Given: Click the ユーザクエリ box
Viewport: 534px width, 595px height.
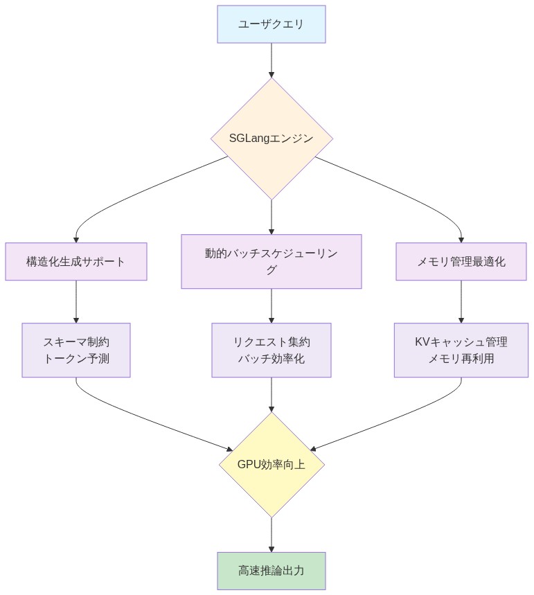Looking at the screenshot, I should (x=271, y=24).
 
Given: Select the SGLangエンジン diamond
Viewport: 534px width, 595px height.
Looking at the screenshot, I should (x=272, y=139).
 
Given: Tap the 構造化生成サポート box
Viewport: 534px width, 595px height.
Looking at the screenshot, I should (x=76, y=262).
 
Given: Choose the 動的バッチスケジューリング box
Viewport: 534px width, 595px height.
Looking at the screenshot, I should (x=271, y=262).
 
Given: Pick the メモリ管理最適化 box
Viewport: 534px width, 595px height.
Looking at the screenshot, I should (x=461, y=262).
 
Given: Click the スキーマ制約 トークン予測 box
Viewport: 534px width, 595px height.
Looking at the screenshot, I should (x=76, y=350).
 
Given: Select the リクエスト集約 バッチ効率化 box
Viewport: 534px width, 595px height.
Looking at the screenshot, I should (x=271, y=350).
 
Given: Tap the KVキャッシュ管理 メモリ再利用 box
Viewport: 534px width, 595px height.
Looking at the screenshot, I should (x=461, y=350).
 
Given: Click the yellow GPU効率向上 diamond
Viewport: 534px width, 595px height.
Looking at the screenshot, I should (x=272, y=465).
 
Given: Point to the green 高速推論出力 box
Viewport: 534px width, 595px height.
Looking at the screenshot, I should (x=271, y=571).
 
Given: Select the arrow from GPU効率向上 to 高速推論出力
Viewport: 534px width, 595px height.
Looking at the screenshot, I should (x=272, y=534).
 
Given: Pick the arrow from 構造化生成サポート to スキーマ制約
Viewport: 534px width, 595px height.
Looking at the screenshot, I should (x=76, y=301).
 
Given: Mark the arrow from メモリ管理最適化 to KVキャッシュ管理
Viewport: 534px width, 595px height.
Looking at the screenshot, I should (x=461, y=301).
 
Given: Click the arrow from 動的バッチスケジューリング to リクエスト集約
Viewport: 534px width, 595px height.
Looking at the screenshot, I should (x=272, y=305).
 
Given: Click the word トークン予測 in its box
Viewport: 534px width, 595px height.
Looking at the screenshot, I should (x=76, y=359).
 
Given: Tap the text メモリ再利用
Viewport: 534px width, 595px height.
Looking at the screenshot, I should (x=461, y=359).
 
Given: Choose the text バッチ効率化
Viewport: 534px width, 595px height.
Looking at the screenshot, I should (x=271, y=359).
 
